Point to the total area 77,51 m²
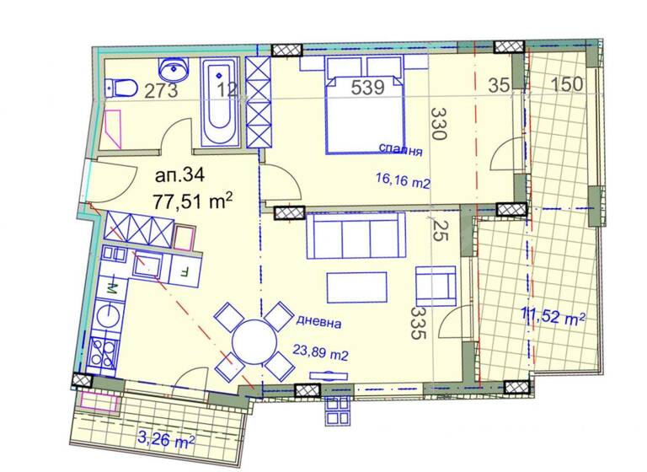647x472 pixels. click(x=193, y=201)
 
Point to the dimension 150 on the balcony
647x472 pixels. click(x=568, y=84)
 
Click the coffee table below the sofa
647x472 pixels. click(x=357, y=287)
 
